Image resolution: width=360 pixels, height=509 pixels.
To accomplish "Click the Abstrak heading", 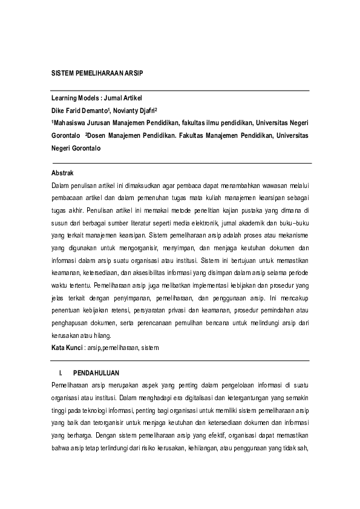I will click(63, 173).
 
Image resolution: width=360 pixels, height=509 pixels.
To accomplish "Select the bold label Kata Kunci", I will click(67, 348).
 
